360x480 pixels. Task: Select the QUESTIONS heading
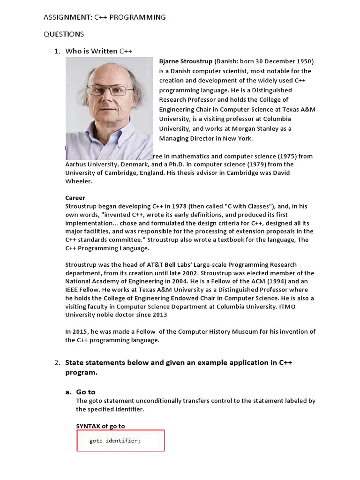coord(64,34)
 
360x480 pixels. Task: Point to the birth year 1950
coord(304,61)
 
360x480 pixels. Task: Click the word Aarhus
coord(76,165)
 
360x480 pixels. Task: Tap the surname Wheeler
coord(79,181)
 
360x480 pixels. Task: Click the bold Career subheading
coord(75,198)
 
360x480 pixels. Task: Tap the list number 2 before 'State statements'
coord(57,363)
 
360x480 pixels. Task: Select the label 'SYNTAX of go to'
coord(100,426)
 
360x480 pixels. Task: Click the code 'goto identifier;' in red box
coord(115,441)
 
